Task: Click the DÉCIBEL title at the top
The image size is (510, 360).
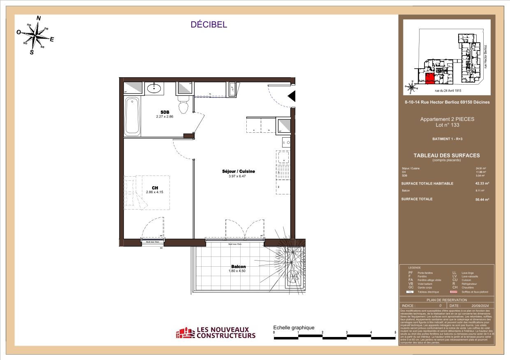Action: click(x=209, y=25)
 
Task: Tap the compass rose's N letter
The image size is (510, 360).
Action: click(x=39, y=18)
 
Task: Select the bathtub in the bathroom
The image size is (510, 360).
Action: click(x=132, y=116)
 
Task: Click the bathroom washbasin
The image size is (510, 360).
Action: click(x=157, y=88)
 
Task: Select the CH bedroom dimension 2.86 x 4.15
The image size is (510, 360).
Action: click(x=155, y=192)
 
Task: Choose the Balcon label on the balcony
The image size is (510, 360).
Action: click(x=239, y=266)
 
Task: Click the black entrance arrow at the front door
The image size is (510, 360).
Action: click(x=291, y=97)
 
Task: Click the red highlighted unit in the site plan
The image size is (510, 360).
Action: click(x=430, y=78)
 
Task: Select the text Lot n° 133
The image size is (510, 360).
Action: click(x=447, y=125)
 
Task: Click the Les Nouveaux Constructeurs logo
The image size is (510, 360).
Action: click(x=216, y=332)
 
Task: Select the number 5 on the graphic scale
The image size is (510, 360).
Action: click(x=395, y=332)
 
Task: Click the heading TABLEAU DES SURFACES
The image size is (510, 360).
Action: click(x=447, y=155)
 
